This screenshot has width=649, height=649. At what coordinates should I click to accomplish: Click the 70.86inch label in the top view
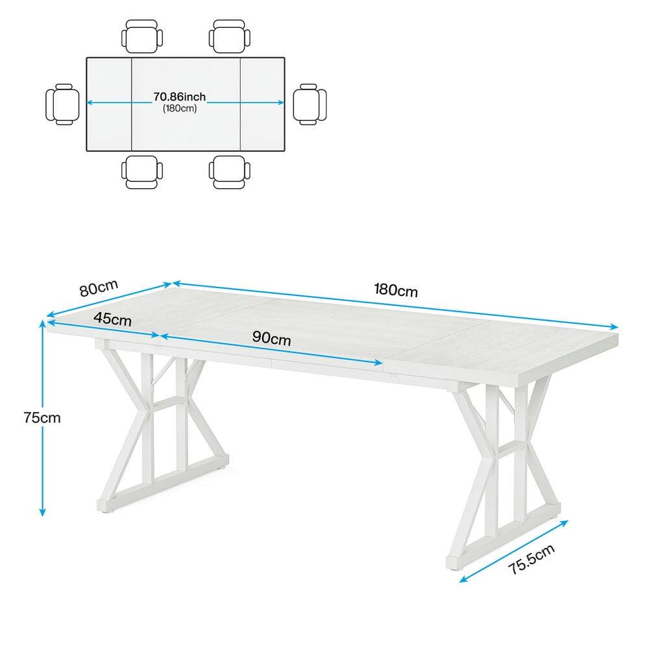coord(179,97)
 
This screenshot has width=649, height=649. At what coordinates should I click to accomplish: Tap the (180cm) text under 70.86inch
coord(179,108)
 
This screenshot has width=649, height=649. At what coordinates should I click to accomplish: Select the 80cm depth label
coord(99,288)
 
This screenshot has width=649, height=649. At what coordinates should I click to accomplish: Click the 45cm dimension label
coord(112,319)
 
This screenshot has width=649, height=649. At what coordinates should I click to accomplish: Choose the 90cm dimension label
coord(271,338)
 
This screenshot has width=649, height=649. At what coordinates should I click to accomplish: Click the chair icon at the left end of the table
coord(63,104)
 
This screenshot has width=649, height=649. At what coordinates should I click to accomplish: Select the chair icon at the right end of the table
coord(310,104)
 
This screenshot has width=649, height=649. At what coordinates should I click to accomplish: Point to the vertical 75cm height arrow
coord(43,454)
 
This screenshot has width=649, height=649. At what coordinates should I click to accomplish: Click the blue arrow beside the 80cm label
coord(109,300)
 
